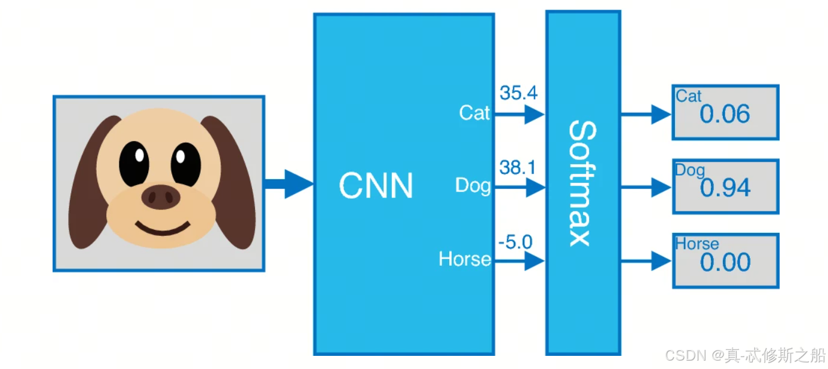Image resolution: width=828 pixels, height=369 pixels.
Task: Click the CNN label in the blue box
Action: pyautogui.click(x=376, y=186)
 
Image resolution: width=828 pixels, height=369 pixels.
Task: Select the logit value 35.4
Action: pyautogui.click(x=518, y=93)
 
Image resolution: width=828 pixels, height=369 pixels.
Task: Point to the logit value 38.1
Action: pyautogui.click(x=517, y=168)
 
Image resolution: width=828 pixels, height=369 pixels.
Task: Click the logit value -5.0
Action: pyautogui.click(x=515, y=242)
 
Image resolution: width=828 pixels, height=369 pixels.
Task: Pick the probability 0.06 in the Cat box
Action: pyautogui.click(x=725, y=115)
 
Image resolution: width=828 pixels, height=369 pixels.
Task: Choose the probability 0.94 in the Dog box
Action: pyautogui.click(x=725, y=189)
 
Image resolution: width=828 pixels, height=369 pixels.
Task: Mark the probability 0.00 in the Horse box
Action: pyautogui.click(x=725, y=262)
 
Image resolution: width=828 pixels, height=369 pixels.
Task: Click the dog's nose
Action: pyautogui.click(x=161, y=196)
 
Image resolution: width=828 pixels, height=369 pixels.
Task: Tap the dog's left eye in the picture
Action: pyautogui.click(x=134, y=164)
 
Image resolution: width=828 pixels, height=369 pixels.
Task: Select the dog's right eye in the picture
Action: pyautogui.click(x=186, y=164)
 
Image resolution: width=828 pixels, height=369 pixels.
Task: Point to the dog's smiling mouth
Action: pyautogui.click(x=162, y=229)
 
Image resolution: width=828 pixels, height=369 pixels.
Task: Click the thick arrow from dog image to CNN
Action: pyautogui.click(x=289, y=183)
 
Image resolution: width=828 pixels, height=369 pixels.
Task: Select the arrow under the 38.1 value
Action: pyautogui.click(x=520, y=187)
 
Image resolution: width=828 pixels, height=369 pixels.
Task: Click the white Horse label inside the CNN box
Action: pyautogui.click(x=465, y=259)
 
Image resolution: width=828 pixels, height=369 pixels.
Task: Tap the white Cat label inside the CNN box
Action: pyautogui.click(x=474, y=112)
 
